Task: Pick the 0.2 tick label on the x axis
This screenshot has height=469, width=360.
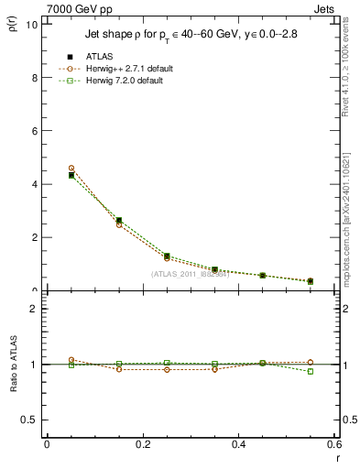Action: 143,444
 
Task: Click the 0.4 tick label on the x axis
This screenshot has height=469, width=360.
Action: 239,444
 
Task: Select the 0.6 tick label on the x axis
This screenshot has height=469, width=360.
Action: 333,444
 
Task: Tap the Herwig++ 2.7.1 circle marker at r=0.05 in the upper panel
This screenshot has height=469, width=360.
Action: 71,169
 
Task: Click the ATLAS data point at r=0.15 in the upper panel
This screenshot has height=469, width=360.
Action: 119,221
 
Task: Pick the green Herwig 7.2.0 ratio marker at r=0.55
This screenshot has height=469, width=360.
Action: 311,371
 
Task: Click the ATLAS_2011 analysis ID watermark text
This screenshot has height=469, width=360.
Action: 190,274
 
